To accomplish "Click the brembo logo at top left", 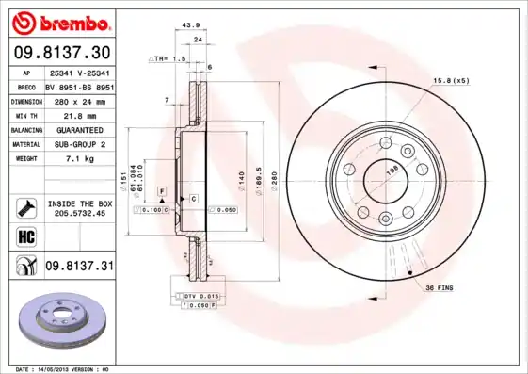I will coord(58,21).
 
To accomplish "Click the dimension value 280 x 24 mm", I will coord(78,100).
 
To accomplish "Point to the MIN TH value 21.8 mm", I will coord(78,114).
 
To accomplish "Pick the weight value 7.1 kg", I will coord(78,159).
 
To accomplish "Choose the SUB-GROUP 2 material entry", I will coord(78,144).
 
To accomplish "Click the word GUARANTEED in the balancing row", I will coord(78,129).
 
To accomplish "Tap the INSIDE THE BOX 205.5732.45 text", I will coord(78,208).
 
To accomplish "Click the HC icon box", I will coord(25,236).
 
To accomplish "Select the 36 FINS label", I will coord(441,286).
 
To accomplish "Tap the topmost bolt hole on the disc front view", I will coord(385,143).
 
